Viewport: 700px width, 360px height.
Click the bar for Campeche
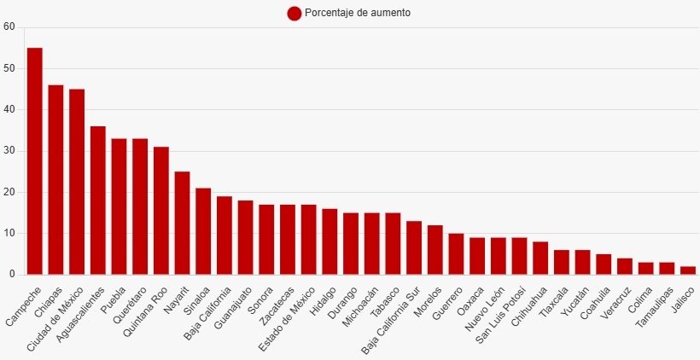click(35, 161)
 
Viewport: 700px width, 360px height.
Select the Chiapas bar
click(55, 180)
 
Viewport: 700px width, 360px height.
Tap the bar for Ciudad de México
click(77, 182)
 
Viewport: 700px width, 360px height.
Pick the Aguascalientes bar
click(98, 200)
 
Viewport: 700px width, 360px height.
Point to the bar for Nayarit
click(182, 223)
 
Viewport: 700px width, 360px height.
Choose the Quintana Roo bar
click(161, 211)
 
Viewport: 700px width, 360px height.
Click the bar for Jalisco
click(688, 270)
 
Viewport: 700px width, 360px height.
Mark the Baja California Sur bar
click(414, 247)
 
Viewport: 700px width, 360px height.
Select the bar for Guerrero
click(456, 254)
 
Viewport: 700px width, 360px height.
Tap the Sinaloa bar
click(203, 231)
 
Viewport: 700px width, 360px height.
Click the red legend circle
click(295, 14)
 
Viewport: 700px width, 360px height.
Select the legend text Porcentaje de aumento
click(358, 13)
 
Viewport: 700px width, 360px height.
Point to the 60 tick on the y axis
click(9, 27)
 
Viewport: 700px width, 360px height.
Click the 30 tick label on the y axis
click(9, 151)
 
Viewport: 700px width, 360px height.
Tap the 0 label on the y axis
click(12, 275)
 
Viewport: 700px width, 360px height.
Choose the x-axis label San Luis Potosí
click(501, 315)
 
